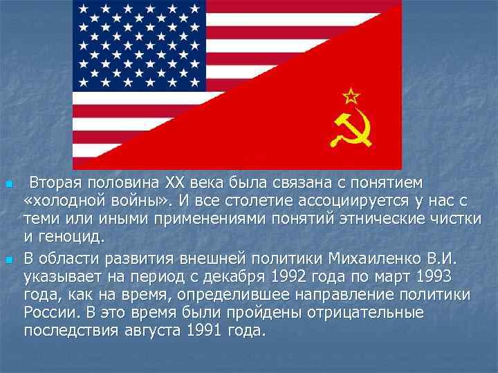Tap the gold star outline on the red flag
[x=351, y=95]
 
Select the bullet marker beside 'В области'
[x=8, y=260]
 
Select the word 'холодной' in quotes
[x=68, y=201]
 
